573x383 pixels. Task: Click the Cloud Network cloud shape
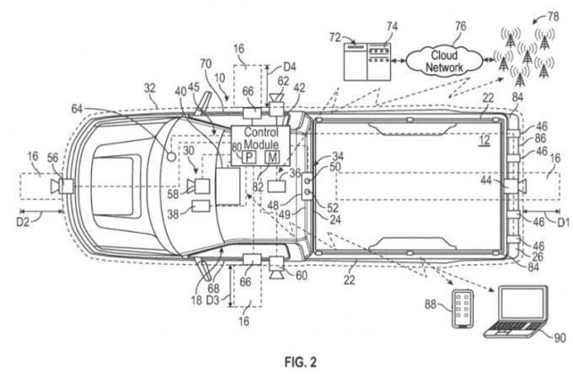[x=444, y=61]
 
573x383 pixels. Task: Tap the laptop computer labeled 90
[x=517, y=312]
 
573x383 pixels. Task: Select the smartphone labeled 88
[x=463, y=309]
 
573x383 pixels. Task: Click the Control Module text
[x=261, y=138]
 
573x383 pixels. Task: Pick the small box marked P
[x=249, y=157]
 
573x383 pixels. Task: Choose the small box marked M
[x=272, y=157]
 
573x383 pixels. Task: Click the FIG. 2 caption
[x=300, y=362]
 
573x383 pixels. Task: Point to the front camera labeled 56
[x=62, y=186]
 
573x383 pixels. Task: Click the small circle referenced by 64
[x=171, y=157]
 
